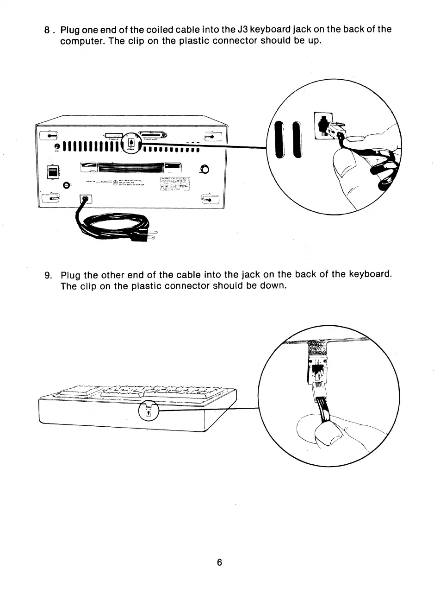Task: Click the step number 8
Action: coord(47,30)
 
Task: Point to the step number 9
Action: coord(48,275)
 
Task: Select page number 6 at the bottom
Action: coord(219,562)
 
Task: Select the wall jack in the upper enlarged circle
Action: coord(320,124)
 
